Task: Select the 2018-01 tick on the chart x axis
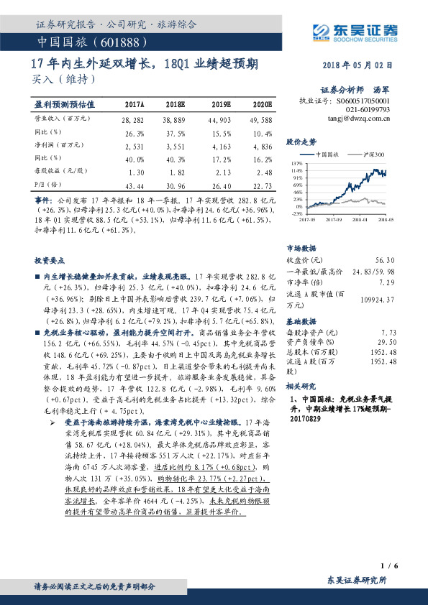pyautogui.click(x=361, y=219)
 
